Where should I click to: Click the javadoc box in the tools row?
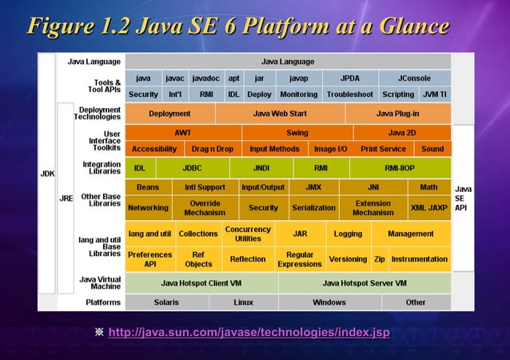point(205,78)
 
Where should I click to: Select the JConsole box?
point(415,78)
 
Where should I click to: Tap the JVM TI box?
point(435,94)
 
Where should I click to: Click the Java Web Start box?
point(280,114)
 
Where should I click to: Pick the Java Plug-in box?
point(398,114)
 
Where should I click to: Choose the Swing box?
point(297,133)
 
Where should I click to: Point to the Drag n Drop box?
point(213,149)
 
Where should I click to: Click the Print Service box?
point(383,149)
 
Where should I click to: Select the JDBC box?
point(192,168)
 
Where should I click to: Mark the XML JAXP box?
point(428,207)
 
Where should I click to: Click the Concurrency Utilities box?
point(248,234)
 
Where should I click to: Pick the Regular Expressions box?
point(299,259)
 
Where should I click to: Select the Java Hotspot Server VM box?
point(365,283)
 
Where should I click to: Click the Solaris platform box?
point(166,302)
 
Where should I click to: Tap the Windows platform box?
point(329,302)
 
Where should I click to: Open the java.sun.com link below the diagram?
point(249,332)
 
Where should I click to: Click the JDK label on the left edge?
point(47,173)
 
